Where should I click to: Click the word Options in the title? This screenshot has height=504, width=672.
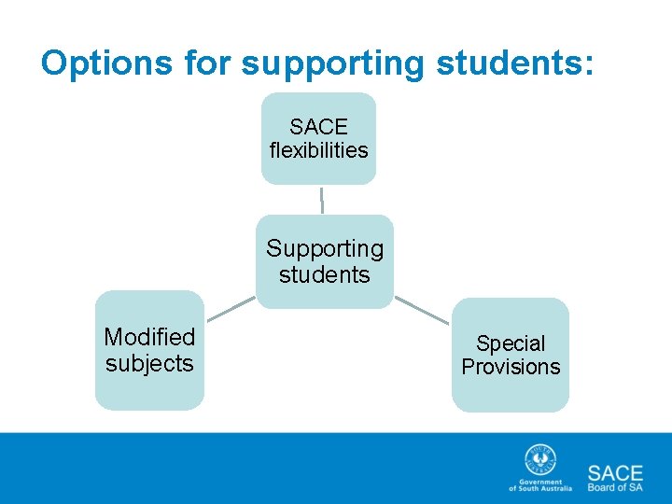[105, 63]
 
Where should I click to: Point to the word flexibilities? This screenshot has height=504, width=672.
[318, 150]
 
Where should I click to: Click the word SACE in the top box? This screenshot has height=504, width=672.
[318, 126]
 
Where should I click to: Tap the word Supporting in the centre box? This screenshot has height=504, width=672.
[325, 249]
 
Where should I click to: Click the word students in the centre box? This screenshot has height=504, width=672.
[325, 275]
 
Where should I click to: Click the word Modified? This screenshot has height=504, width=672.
[149, 337]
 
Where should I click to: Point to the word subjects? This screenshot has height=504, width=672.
[149, 363]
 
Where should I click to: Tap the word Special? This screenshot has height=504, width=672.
[511, 343]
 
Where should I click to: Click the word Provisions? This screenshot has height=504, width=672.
[511, 367]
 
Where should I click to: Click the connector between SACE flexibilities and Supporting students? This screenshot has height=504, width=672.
[322, 200]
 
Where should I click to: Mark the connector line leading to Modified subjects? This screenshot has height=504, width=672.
[230, 310]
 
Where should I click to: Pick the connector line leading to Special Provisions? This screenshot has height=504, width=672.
[421, 310]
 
